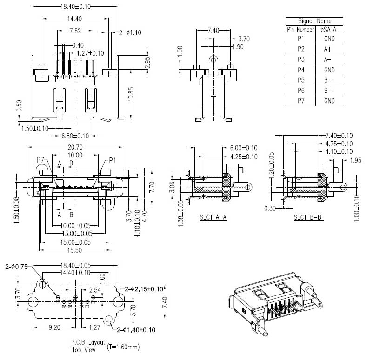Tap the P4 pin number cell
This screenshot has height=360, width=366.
300,69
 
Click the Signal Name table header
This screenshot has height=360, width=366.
314,21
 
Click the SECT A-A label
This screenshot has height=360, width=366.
213,217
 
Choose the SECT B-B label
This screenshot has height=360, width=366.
308,217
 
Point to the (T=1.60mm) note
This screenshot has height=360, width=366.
123,347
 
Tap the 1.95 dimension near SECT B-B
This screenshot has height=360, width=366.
355,160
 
